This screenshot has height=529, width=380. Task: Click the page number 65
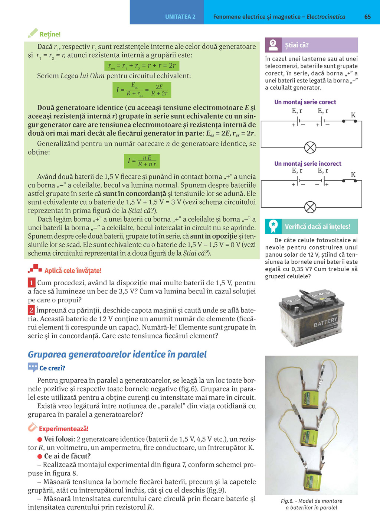[x=367, y=17]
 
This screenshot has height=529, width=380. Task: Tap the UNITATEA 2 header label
[x=180, y=17]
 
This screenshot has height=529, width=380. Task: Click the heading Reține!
[x=50, y=34]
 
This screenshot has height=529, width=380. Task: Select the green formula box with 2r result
[x=142, y=66]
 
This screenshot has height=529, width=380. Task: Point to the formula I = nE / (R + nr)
[x=142, y=161]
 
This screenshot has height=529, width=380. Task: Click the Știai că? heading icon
[x=273, y=45]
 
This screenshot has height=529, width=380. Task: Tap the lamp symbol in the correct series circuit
[x=310, y=147]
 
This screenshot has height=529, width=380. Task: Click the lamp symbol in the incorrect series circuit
[x=310, y=207]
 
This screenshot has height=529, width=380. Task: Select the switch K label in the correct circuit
[x=353, y=115]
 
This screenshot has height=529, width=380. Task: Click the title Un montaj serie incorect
[x=308, y=163]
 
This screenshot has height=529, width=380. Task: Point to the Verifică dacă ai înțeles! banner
[x=311, y=226]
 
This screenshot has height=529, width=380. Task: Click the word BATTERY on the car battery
[x=325, y=322]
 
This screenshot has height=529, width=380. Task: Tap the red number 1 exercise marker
[x=32, y=283]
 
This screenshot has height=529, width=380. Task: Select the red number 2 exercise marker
[x=32, y=310]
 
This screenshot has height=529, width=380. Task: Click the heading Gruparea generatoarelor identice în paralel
[x=117, y=354]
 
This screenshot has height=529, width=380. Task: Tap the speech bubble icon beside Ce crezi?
[x=33, y=367]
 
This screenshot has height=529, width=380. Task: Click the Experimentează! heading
[x=63, y=429]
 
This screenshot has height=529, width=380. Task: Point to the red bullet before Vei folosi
[x=40, y=439]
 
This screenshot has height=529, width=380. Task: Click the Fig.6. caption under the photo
[x=311, y=504]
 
